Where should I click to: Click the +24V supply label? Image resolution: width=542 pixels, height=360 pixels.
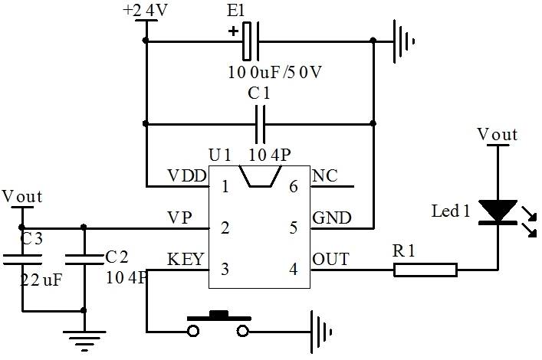point(143,11)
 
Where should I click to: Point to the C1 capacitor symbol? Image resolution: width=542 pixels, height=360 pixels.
point(261,123)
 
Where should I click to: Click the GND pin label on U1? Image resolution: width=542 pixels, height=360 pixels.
point(331,218)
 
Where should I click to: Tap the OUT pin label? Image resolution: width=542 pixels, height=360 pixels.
point(330,259)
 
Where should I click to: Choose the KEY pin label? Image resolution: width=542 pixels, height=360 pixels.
point(186,259)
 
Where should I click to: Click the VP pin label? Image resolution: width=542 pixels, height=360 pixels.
point(179,218)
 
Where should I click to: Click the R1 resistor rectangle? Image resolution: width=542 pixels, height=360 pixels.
point(425,269)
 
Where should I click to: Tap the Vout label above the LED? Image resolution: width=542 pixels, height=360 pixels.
point(497,135)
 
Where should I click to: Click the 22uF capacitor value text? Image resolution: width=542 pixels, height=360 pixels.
point(41,280)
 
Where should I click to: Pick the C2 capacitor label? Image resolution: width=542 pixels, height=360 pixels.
point(117,255)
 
